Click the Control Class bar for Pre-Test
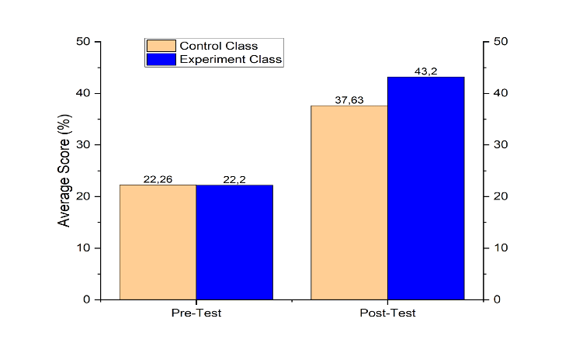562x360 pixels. (158, 242)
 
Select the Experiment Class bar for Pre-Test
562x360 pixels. (234, 242)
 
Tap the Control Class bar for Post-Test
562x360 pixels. (349, 202)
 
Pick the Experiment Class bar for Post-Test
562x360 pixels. (425, 188)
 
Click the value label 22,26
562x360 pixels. (158, 179)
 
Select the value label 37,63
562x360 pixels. (349, 100)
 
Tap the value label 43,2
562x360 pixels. (425, 71)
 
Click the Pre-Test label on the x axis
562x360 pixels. (196, 313)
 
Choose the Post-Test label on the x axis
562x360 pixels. (387, 313)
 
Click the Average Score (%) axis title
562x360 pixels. (65, 171)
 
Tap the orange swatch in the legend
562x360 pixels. (160, 46)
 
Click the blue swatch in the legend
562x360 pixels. (160, 59)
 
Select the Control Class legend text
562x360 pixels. (218, 46)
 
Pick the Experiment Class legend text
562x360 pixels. (231, 59)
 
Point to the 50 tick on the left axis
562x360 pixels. (83, 42)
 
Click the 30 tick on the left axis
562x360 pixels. (83, 145)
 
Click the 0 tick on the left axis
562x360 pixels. (86, 299)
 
